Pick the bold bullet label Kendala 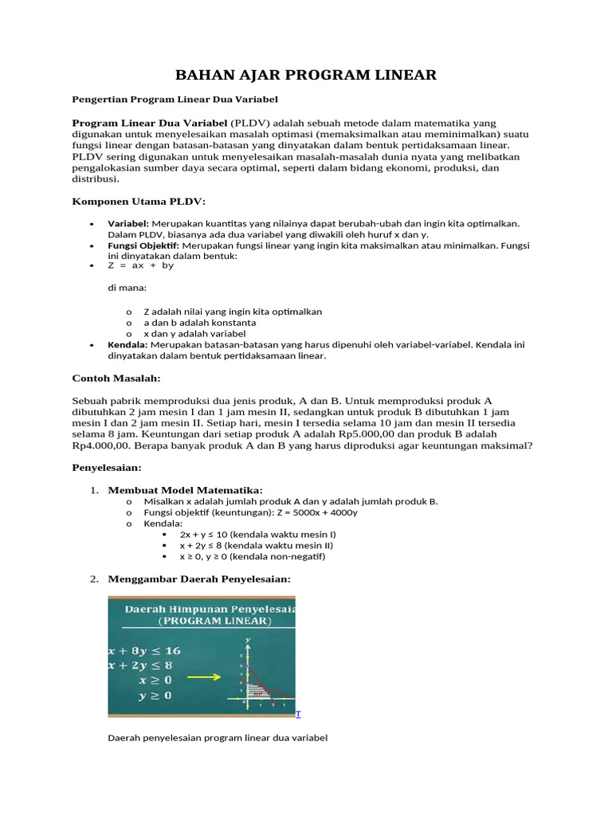(x=127, y=345)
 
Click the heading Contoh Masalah (x=116, y=377)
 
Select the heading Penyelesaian (x=107, y=467)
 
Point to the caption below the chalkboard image (x=218, y=738)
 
